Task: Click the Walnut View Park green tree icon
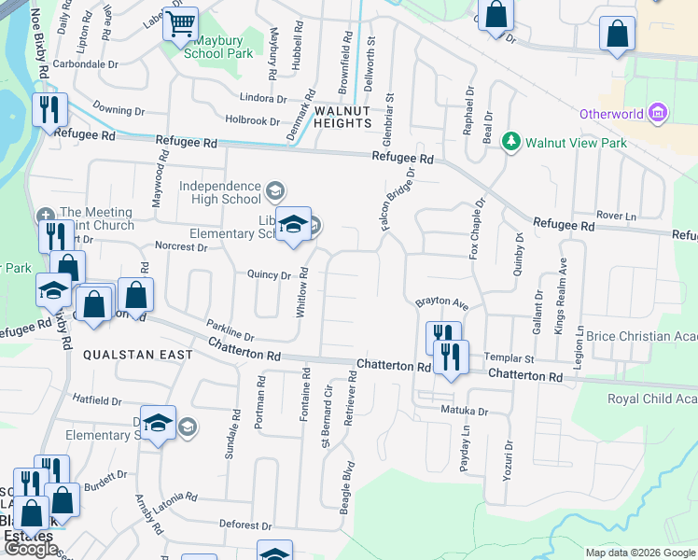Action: (510, 142)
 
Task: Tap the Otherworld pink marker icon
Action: (659, 114)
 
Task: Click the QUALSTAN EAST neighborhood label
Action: (138, 355)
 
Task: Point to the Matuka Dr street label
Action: (464, 411)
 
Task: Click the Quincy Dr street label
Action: (270, 274)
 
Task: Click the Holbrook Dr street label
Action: (252, 120)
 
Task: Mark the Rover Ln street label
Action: (616, 216)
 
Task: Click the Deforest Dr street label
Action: (246, 525)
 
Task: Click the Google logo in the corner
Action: (31, 549)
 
